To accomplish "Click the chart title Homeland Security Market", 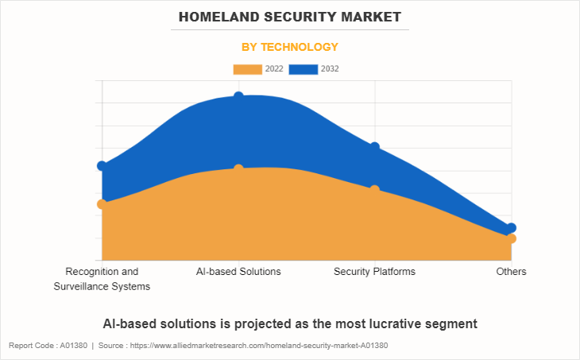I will (290, 16).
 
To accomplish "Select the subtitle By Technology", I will (290, 47).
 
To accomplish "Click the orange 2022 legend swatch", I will (247, 69).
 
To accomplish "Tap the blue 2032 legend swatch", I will (304, 69).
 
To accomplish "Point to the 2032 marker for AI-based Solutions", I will (238, 97).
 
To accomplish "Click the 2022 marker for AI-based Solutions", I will (238, 169).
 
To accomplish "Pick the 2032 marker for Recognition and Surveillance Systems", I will (102, 166).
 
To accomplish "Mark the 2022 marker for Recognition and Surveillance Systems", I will (102, 204).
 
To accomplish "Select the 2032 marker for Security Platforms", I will (375, 147).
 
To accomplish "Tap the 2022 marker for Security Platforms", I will (375, 190).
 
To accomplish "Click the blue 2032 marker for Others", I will (512, 228).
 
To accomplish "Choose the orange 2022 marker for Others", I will (512, 238).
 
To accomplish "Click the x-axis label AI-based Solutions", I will (238, 272).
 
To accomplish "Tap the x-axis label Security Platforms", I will (374, 272).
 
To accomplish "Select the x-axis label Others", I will (511, 272).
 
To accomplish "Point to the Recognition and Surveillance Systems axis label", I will (102, 279).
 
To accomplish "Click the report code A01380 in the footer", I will (74, 346).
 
